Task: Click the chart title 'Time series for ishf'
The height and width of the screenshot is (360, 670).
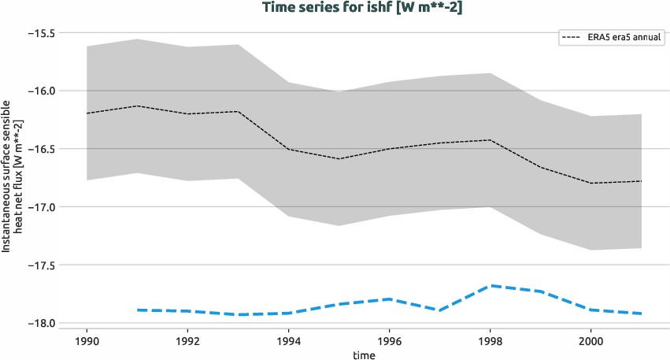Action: [335, 7]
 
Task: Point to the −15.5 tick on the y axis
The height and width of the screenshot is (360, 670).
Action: [40, 33]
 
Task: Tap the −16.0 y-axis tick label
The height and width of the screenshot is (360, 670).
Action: [40, 91]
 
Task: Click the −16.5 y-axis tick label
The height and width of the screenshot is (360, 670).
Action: [40, 149]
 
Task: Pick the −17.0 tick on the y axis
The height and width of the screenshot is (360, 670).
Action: [40, 207]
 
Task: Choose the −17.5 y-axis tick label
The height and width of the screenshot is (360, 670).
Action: [40, 265]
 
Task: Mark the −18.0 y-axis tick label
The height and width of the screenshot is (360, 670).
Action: [40, 323]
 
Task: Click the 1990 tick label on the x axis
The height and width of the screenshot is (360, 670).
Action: [87, 342]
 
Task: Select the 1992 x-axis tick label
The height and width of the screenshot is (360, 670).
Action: [187, 342]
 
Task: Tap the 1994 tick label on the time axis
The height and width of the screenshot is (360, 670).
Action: [288, 342]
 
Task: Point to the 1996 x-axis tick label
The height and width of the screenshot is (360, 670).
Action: [389, 342]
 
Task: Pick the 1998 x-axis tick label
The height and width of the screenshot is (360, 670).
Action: [490, 342]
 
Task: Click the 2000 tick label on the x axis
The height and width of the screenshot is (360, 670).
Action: [590, 342]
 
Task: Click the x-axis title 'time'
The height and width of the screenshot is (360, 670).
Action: [364, 354]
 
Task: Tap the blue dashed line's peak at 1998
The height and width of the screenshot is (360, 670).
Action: [490, 285]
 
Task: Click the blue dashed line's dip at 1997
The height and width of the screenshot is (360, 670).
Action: [439, 310]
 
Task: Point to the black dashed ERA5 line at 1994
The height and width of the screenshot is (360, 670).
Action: [288, 149]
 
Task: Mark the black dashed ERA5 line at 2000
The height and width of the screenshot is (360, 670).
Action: [590, 183]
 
